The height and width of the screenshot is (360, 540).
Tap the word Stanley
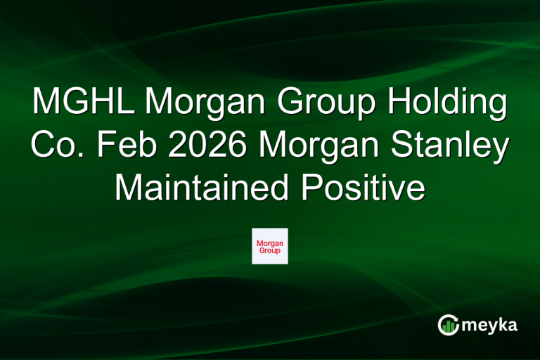point(448,146)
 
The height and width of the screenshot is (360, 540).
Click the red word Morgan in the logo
point(270,243)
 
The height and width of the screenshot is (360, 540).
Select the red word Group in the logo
point(270,250)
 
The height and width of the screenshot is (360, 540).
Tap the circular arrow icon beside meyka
point(449,324)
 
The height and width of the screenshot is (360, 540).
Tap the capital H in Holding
point(396,104)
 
